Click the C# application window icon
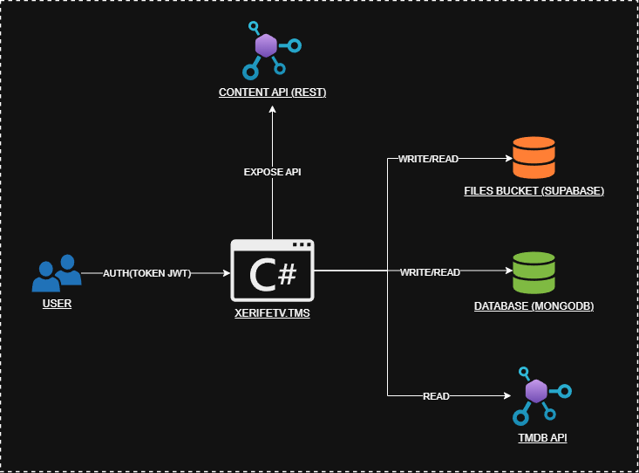pyautogui.click(x=272, y=271)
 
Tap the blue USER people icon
pyautogui.click(x=57, y=273)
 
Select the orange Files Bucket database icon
pyautogui.click(x=534, y=158)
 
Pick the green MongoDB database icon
pyautogui.click(x=534, y=272)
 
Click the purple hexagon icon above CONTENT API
pyautogui.click(x=266, y=46)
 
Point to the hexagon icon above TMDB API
pyautogui.click(x=535, y=391)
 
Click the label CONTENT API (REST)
pyautogui.click(x=272, y=92)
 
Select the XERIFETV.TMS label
pyautogui.click(x=272, y=312)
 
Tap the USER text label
pyautogui.click(x=57, y=304)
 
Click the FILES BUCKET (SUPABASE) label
pyautogui.click(x=534, y=189)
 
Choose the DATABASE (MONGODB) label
pyautogui.click(x=534, y=306)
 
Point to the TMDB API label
pyautogui.click(x=535, y=437)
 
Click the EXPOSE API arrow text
pyautogui.click(x=272, y=172)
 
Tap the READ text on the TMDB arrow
pyautogui.click(x=436, y=396)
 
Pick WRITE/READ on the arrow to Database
pyautogui.click(x=430, y=272)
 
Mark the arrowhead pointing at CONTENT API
pyautogui.click(x=272, y=108)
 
